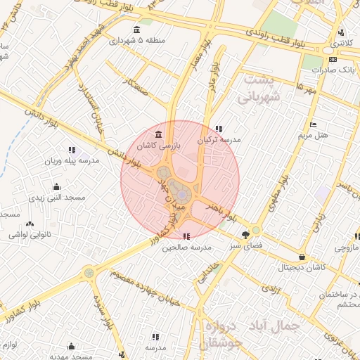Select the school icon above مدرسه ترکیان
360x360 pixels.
[219, 129]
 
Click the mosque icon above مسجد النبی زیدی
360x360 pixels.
[56, 187]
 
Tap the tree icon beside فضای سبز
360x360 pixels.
[245, 235]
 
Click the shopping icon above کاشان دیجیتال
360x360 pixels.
[302, 257]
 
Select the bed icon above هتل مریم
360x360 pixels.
[313, 124]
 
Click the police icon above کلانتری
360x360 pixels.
[341, 32]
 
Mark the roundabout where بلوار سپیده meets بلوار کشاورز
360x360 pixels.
[89, 273]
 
